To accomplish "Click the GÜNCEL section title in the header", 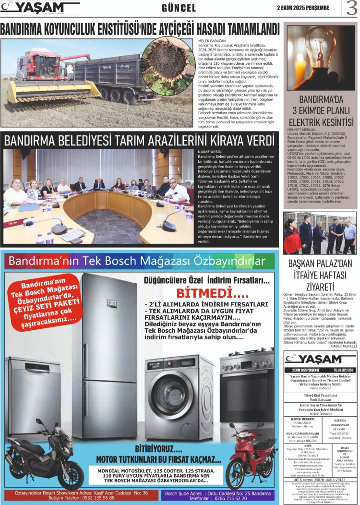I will point(179,8).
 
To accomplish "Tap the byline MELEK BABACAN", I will point(212,41).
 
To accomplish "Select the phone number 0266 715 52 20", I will point(240,498).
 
